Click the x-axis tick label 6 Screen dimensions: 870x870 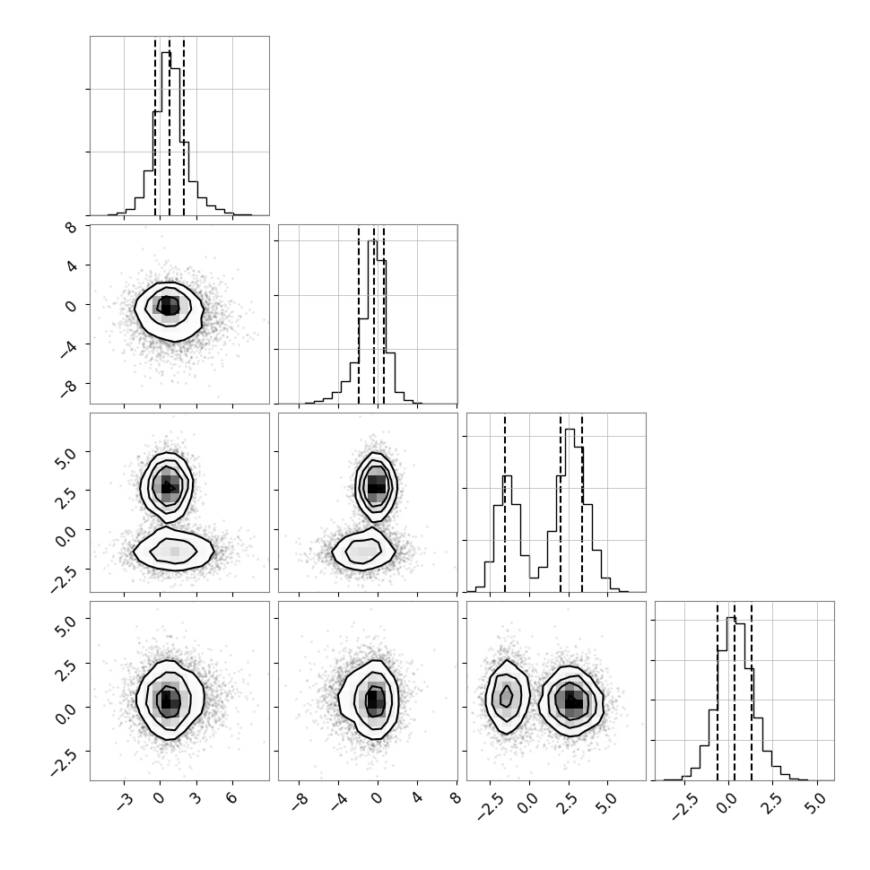231,798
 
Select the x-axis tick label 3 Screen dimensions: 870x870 196,798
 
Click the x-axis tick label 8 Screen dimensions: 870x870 456,798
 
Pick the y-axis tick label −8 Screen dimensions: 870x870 69,387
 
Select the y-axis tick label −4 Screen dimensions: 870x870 69,347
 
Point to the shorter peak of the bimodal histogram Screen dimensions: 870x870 507,476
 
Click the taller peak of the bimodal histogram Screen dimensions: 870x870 570,430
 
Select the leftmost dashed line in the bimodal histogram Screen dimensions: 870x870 505,504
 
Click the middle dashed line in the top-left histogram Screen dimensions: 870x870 170,127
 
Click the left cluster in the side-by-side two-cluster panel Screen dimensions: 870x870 507,697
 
